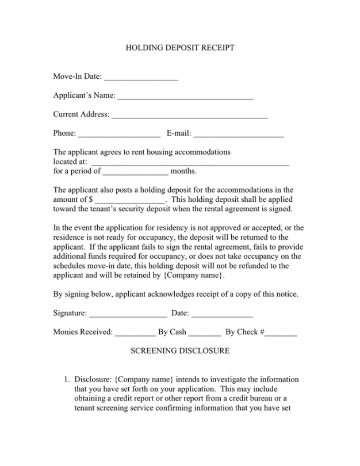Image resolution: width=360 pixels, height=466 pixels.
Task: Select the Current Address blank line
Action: point(190,115)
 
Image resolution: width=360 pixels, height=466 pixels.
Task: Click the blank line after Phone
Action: point(119,134)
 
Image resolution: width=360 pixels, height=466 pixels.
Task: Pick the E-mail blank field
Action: point(239,134)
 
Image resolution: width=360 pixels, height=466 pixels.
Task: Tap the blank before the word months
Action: point(136,171)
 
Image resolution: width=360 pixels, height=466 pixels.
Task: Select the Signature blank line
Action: point(128,314)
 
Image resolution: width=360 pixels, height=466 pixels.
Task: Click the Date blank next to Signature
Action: point(222,314)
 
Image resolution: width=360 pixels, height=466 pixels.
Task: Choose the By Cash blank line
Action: point(205,333)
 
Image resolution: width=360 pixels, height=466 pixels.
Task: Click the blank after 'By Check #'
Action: point(281,333)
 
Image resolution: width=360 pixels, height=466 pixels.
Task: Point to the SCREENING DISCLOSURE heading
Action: point(180,350)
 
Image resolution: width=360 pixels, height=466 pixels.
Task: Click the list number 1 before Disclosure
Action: point(66,380)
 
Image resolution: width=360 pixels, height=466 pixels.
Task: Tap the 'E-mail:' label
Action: point(179,133)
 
